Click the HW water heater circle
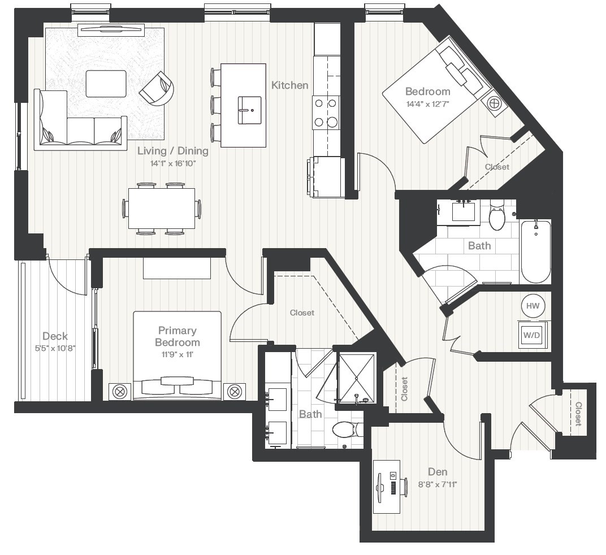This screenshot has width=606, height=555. [533, 306]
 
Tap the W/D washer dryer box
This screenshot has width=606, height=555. [531, 335]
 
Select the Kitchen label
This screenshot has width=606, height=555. [290, 85]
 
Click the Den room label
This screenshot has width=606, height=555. [438, 472]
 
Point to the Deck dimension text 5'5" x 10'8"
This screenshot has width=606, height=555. [55, 348]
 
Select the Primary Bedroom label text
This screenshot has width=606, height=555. [177, 336]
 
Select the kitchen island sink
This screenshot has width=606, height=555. [249, 105]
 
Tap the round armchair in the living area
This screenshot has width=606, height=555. [158, 89]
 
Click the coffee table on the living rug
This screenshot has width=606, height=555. [106, 84]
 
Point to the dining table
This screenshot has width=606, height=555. [161, 209]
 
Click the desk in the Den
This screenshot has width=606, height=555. [387, 487]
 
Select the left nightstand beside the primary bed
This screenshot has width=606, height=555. [120, 391]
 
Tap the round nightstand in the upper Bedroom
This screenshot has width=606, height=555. [494, 103]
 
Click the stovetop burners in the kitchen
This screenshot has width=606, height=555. [326, 112]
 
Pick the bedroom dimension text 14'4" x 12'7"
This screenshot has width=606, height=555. [428, 104]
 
